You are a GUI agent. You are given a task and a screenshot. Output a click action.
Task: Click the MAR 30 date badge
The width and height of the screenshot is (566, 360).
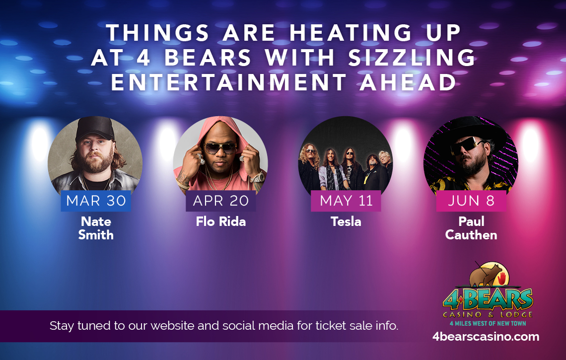96,201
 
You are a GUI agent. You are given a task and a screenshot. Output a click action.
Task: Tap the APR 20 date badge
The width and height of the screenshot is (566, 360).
221,201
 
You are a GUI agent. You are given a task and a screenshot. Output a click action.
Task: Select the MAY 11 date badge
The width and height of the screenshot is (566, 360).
346,201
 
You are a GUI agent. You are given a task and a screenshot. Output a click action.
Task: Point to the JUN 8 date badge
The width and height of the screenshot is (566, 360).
471,201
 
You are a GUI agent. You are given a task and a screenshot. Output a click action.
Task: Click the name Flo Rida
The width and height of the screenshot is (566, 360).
221,221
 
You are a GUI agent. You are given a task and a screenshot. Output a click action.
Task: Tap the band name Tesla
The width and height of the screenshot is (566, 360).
346,221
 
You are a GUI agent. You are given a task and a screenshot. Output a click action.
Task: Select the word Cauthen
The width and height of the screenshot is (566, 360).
471,235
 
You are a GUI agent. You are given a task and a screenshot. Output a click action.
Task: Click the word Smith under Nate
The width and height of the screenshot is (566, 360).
96,235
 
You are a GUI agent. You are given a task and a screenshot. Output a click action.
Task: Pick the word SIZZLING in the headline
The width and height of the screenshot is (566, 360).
412,58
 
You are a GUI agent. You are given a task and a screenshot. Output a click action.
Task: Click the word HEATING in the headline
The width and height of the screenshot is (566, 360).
351,33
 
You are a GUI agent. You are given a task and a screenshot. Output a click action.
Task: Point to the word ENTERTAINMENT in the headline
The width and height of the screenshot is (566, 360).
228,82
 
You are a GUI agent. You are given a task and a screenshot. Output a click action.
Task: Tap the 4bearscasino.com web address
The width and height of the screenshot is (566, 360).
486,337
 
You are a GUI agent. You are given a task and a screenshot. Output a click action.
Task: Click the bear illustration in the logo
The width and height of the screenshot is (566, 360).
485,275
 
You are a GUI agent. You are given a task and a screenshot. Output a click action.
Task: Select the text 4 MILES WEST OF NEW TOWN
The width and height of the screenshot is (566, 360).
488,324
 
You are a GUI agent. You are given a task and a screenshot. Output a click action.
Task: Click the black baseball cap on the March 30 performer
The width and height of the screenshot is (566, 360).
95,128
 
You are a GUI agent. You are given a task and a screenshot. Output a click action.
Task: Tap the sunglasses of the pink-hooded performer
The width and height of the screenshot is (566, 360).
220,147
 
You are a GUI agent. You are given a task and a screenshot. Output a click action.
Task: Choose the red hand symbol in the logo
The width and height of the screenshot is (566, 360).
501,279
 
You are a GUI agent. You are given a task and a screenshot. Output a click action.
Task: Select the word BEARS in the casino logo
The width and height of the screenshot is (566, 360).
498,299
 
